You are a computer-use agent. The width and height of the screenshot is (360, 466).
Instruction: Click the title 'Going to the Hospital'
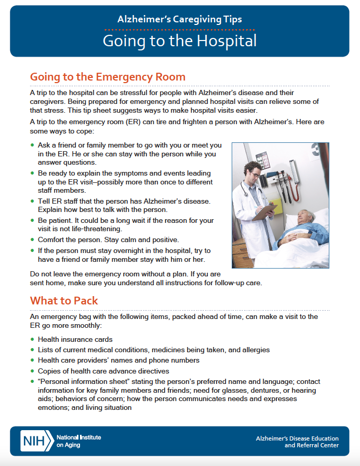[180, 41]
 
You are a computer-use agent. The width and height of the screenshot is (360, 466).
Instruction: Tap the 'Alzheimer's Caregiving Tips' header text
[180, 20]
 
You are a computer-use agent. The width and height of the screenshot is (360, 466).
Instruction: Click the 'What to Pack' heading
[64, 300]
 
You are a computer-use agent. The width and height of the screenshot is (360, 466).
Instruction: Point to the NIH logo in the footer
[36, 441]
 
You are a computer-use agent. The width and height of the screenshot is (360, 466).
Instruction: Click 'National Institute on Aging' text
[78, 441]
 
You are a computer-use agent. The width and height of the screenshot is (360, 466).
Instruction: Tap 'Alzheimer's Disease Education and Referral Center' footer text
[297, 442]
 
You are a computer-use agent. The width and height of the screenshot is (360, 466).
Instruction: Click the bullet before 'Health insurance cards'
[32, 339]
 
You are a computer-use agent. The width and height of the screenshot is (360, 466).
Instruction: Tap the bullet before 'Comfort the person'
[32, 239]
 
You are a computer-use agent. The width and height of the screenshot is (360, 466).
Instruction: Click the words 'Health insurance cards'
[75, 339]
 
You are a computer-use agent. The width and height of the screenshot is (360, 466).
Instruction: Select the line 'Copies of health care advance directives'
[103, 371]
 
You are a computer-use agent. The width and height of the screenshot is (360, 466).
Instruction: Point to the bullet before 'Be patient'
[32, 221]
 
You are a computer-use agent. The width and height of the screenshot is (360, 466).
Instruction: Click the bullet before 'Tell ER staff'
[32, 201]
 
